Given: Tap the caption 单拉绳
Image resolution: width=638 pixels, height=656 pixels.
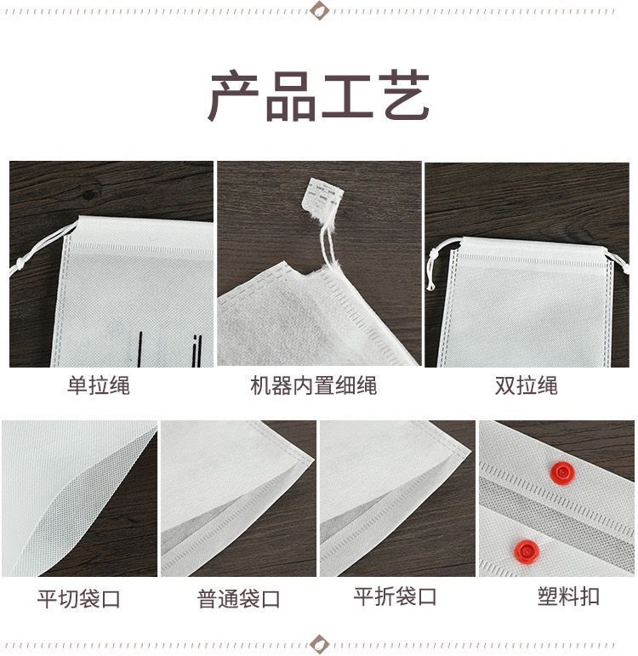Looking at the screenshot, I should pyautogui.click(x=99, y=385).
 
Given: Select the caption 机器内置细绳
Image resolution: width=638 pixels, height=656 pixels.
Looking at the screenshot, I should pyautogui.click(x=313, y=385).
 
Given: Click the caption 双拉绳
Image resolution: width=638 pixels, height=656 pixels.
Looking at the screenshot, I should pyautogui.click(x=526, y=385).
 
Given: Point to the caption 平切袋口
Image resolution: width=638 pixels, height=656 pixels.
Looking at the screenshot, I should pyautogui.click(x=78, y=599).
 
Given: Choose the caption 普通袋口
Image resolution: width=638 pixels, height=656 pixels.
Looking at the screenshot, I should pyautogui.click(x=239, y=599).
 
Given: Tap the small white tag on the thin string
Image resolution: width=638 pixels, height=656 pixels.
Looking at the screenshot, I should pyautogui.click(x=322, y=198).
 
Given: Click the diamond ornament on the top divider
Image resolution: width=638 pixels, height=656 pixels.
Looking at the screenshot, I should pyautogui.click(x=319, y=11).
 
